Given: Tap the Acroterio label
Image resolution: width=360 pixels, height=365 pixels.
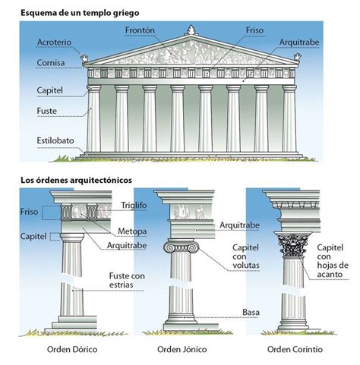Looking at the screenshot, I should click(53, 42).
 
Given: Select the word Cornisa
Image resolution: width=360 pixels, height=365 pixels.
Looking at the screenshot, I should click(50, 63).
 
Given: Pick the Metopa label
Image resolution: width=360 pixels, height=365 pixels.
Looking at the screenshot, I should click(132, 230).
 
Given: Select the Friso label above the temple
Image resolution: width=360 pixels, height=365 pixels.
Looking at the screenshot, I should click(255, 30).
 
